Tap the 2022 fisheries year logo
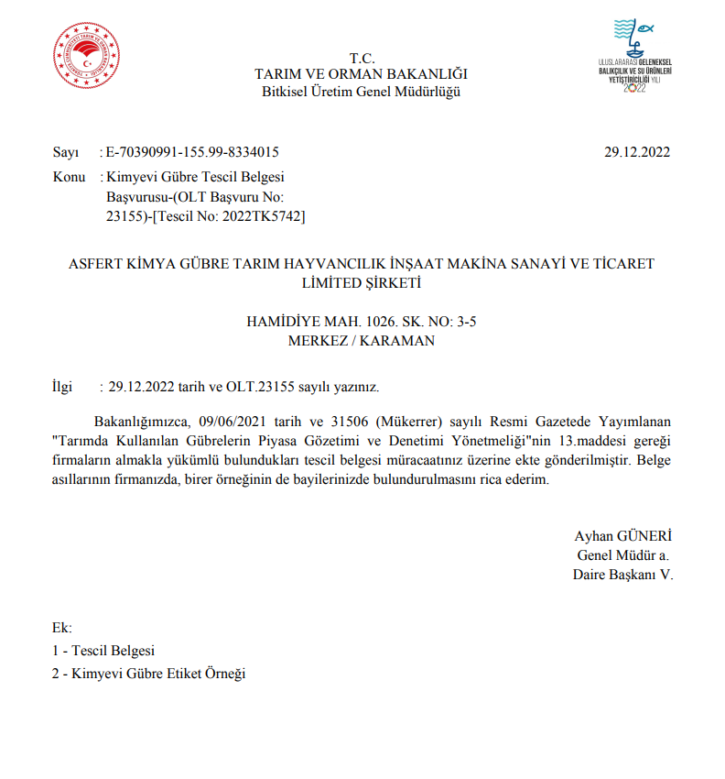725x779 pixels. tap(634, 57)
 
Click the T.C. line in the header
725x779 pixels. tap(362, 59)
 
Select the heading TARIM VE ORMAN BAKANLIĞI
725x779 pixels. tap(362, 74)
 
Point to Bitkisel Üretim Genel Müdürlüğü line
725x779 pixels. tap(362, 91)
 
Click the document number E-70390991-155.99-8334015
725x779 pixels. tap(193, 152)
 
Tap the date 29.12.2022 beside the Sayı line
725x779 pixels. tap(637, 152)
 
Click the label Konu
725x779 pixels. tap(69, 176)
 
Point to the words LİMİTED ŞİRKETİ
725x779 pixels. tap(362, 283)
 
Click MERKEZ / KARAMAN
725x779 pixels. tap(362, 341)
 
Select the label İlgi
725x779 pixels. tap(62, 387)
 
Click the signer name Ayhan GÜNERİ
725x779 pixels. tap(623, 536)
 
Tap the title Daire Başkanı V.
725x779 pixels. tap(622, 576)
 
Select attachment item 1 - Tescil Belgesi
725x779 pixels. tap(103, 651)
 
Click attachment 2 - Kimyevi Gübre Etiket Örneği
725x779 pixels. tap(149, 674)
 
